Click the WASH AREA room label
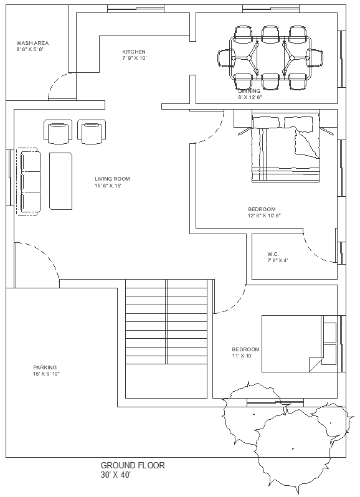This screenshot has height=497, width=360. click(32, 43)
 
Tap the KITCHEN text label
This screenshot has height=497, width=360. click(134, 52)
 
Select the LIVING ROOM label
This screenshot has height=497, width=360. click(112, 179)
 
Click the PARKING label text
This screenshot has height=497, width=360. click(45, 367)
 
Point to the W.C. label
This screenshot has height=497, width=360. click(273, 254)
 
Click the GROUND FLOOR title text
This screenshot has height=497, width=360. click(133, 465)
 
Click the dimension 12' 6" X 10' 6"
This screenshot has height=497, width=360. click(265, 216)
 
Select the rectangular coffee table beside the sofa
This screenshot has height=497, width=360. click(60, 181)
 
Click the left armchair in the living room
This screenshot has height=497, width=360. click(59, 132)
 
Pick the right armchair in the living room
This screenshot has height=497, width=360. click(92, 132)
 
